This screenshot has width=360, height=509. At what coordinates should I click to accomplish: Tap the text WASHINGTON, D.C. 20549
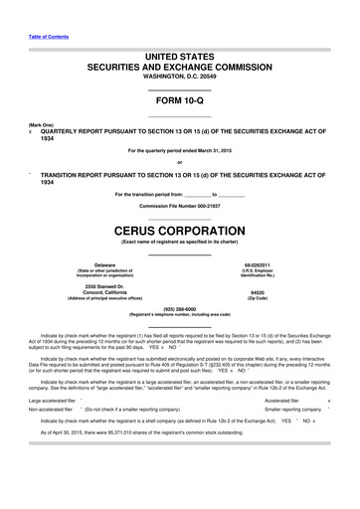pos(180,77)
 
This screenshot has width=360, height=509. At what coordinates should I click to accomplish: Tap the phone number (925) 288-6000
pos(180,308)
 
